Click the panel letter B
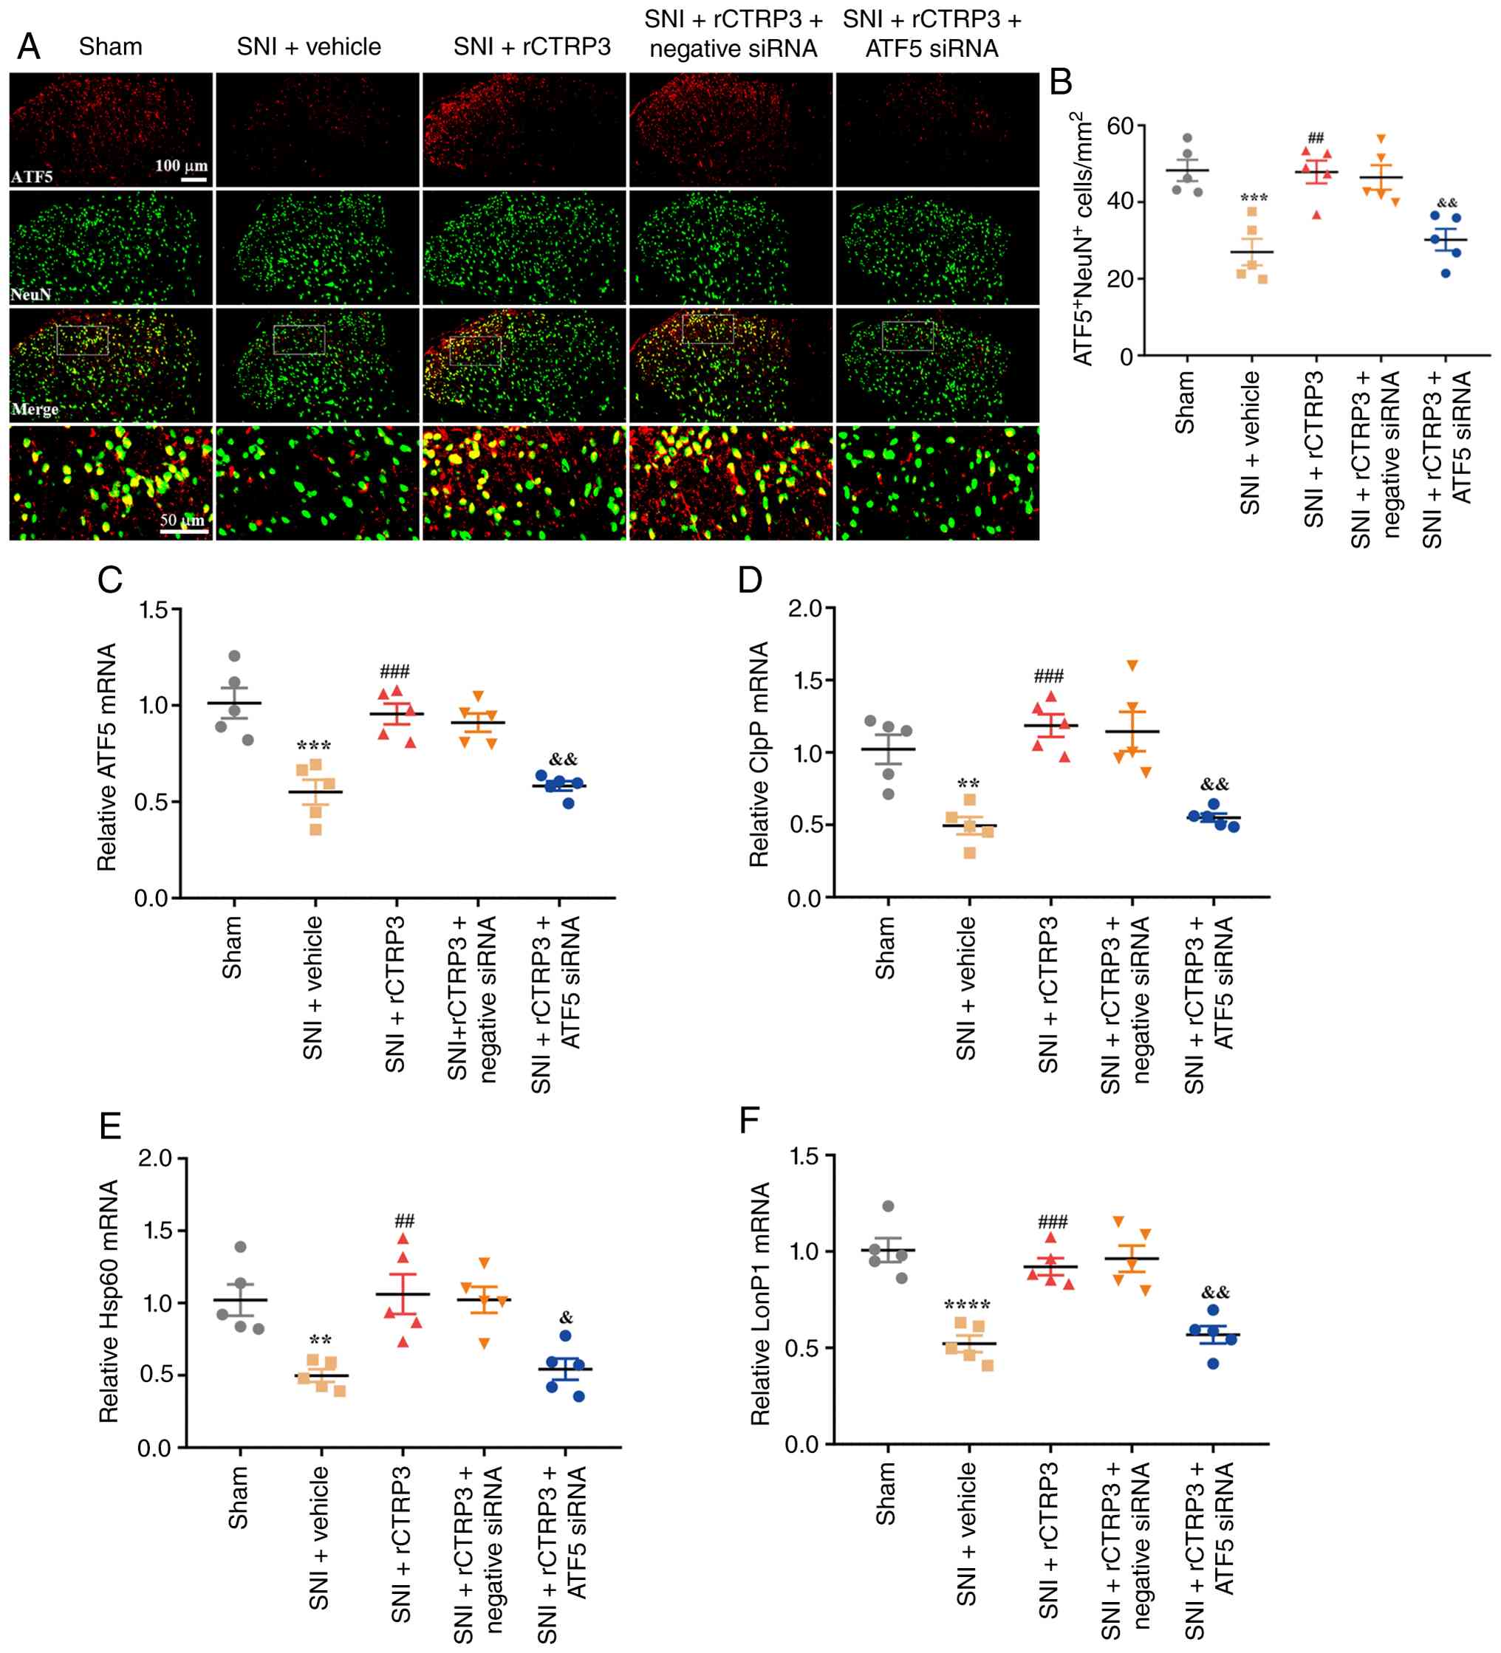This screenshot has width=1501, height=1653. pyautogui.click(x=1061, y=82)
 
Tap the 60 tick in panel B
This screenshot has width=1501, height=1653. pyautogui.click(x=1121, y=126)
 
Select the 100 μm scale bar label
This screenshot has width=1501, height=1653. pyautogui.click(x=181, y=165)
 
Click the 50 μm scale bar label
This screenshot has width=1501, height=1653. pyautogui.click(x=182, y=520)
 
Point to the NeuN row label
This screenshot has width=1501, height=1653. pyautogui.click(x=31, y=294)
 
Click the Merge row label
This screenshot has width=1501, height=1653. pyautogui.click(x=35, y=408)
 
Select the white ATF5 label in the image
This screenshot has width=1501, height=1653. pyautogui.click(x=31, y=176)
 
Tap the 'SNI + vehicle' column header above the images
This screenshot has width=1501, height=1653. pyautogui.click(x=310, y=47)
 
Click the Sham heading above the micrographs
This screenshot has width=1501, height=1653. pyautogui.click(x=111, y=47)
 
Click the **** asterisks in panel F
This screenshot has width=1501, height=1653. pyautogui.click(x=967, y=1305)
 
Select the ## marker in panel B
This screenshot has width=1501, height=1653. pyautogui.click(x=1316, y=138)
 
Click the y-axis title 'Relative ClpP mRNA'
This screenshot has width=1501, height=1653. pyautogui.click(x=759, y=755)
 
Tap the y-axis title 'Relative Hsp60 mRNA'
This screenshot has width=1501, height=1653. pyautogui.click(x=109, y=1302)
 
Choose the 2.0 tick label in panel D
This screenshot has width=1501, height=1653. pyautogui.click(x=804, y=608)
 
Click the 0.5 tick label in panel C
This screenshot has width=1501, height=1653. pyautogui.click(x=151, y=801)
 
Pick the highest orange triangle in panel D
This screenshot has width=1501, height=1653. pyautogui.click(x=1132, y=665)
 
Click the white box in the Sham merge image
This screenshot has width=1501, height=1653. pyautogui.click(x=83, y=340)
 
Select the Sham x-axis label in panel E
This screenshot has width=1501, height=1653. pyautogui.click(x=237, y=1497)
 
